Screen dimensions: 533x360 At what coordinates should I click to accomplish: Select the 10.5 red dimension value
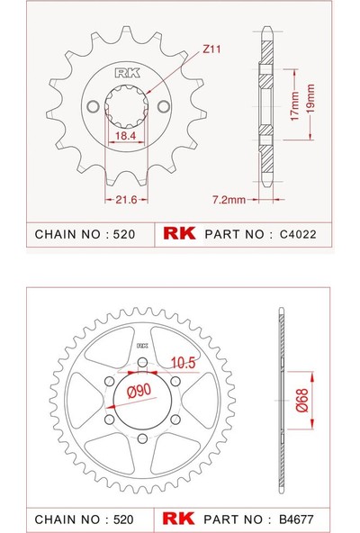(184, 362)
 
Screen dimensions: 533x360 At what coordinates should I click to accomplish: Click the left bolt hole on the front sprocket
(90, 106)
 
